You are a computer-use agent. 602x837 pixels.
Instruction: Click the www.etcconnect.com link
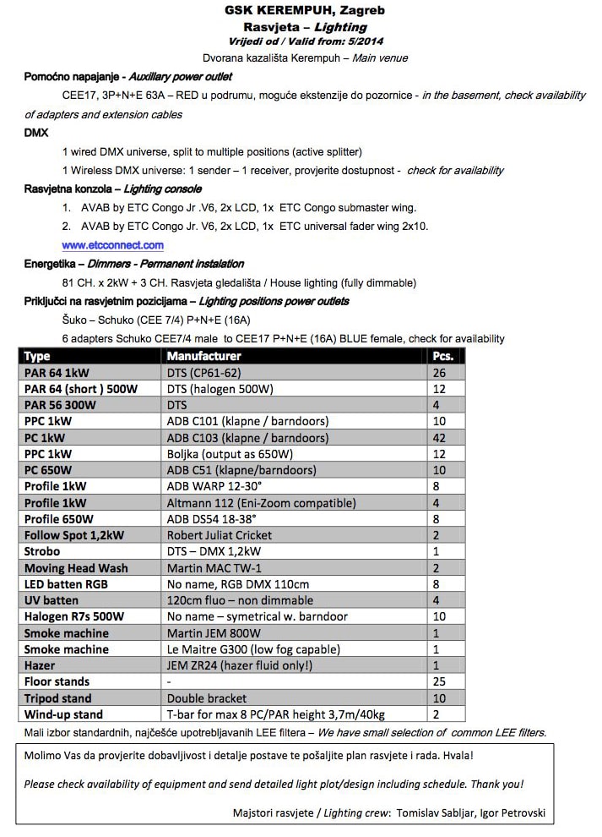[112, 245]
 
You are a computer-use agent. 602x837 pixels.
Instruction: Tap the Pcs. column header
[442, 356]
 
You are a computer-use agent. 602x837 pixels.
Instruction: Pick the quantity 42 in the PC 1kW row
[438, 438]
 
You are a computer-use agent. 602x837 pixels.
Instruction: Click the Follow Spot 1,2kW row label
[74, 535]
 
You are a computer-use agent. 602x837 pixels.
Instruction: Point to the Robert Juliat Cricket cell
[220, 535]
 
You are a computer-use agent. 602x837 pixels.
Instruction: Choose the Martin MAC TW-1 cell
[214, 567]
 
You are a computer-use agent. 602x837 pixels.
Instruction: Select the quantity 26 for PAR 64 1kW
[438, 373]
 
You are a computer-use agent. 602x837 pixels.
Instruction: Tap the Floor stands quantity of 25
[438, 681]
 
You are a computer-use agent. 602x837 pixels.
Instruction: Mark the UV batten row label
[52, 600]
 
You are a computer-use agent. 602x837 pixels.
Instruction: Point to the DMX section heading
[36, 133]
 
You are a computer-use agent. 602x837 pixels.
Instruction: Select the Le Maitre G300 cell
[253, 649]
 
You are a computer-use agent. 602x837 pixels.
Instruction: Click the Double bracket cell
[207, 698]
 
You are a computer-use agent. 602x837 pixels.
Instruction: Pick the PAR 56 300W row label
[60, 405]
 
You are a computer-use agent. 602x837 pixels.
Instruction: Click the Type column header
[38, 356]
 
